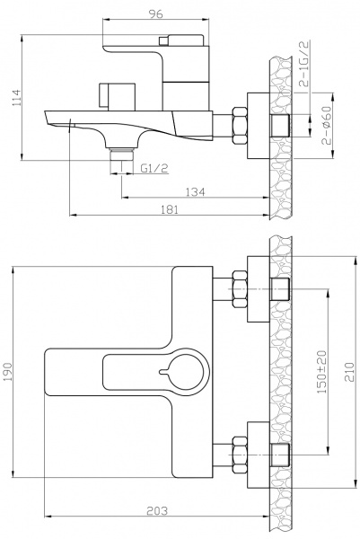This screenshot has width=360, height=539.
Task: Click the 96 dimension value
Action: tap(156, 13)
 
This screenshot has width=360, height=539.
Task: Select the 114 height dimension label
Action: tap(16, 97)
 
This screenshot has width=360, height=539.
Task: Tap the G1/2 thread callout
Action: tap(154, 168)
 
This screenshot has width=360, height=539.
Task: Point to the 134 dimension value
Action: tap(195, 192)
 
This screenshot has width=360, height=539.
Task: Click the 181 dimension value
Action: tap(170, 209)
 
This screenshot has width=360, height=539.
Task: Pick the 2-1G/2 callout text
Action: tap(304, 64)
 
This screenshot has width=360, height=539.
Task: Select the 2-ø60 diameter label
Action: tap(327, 125)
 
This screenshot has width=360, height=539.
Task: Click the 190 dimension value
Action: tap(7, 371)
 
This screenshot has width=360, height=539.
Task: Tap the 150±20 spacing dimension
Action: tap(322, 372)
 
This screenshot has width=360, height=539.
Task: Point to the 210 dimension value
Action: tap(349, 372)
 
